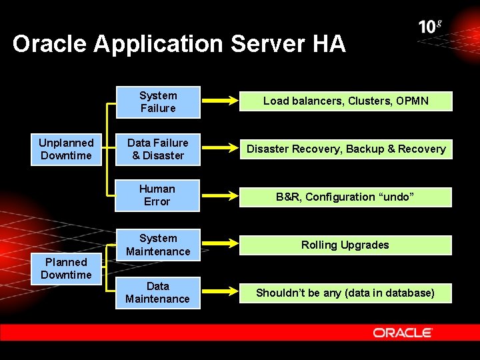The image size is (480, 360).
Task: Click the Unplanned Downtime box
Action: [66, 149]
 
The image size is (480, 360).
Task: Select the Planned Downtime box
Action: [66, 269]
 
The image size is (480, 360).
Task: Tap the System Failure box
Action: [158, 102]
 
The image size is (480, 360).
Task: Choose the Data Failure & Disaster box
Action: [158, 149]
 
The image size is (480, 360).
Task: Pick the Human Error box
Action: [157, 195]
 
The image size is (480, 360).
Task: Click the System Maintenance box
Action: [158, 245]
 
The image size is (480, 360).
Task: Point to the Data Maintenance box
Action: [157, 293]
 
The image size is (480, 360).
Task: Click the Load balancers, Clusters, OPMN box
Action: [345, 101]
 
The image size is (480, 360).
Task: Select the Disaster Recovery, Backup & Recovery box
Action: [346, 149]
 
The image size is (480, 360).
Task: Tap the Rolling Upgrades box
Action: [345, 245]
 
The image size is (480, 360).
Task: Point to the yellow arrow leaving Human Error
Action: [219, 197]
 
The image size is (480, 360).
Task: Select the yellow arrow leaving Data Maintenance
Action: [219, 293]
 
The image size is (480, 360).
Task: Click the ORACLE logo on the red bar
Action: [403, 332]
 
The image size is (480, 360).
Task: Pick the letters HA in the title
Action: [328, 44]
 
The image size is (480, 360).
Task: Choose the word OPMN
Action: [412, 101]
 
